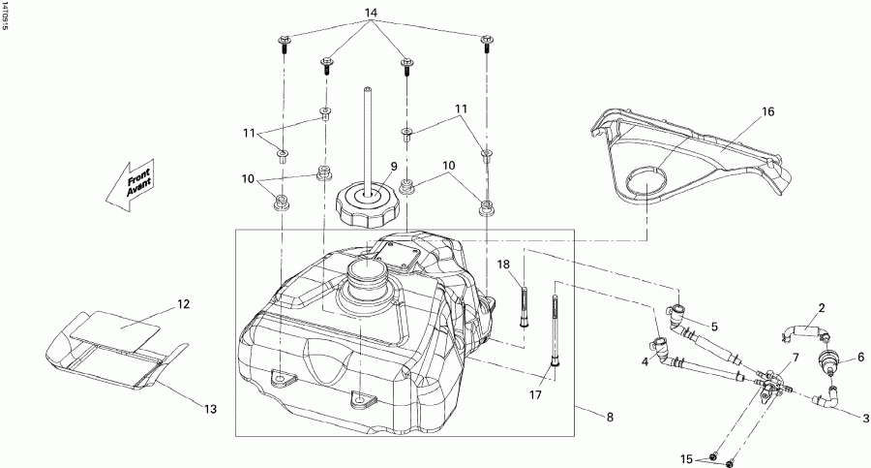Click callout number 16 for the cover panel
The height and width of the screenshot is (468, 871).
coord(767,112)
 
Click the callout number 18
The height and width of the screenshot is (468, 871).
coord(504,265)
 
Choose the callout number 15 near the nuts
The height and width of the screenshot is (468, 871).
coord(686,457)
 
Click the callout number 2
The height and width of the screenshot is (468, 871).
coord(821,308)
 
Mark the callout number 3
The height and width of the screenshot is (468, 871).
coord(865,419)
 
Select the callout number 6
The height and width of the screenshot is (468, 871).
coord(859,357)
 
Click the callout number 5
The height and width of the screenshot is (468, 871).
coord(713,326)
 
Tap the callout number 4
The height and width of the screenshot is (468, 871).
coord(644,362)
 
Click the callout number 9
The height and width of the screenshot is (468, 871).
coord(395,166)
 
